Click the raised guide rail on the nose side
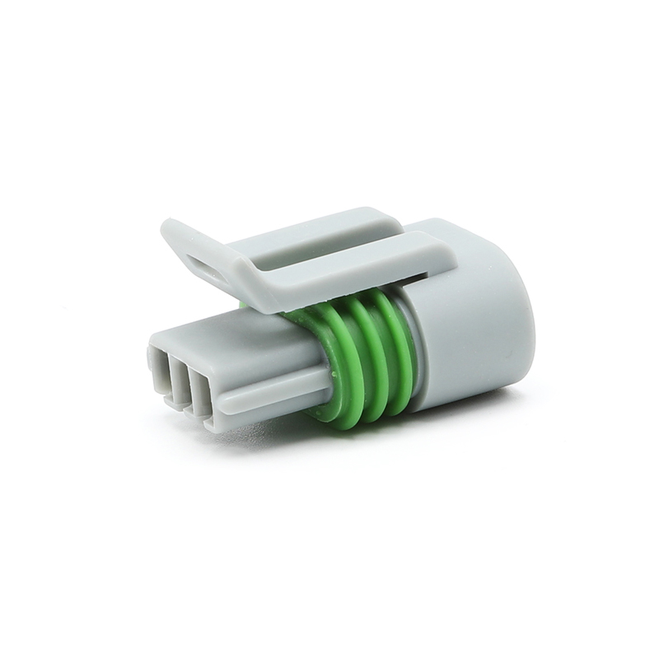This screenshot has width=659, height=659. coord(272,393)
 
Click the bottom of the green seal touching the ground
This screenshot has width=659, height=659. coord(346,420)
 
